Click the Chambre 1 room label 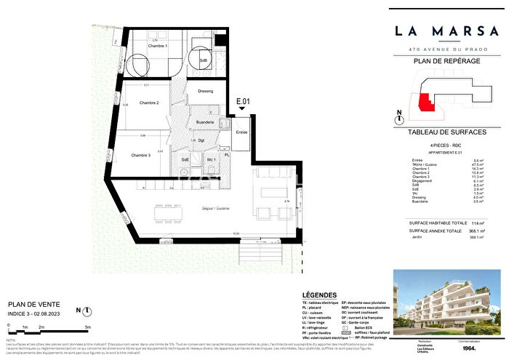[x=159, y=47]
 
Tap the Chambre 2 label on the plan [x=148, y=103]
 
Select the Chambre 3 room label [x=141, y=155]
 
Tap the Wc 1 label [x=211, y=159]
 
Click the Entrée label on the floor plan [x=241, y=132]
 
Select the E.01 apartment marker [x=243, y=101]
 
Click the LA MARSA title [x=446, y=31]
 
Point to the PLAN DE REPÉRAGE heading [x=446, y=61]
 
